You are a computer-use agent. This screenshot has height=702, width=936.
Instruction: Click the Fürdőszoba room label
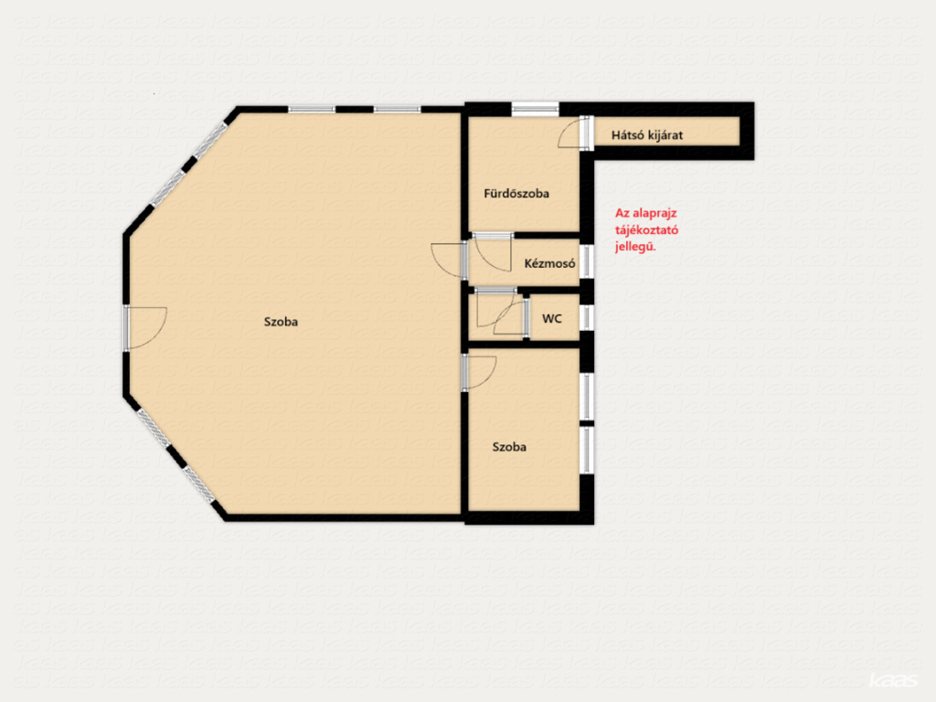[516, 194]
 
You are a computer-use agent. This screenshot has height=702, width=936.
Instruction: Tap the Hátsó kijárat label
[647, 135]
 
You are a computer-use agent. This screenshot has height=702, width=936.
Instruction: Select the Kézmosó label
[549, 263]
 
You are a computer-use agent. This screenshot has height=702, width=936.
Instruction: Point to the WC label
[552, 319]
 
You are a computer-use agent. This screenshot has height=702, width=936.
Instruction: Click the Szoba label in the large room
[281, 322]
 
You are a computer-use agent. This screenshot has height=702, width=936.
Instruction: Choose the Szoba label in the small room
[509, 446]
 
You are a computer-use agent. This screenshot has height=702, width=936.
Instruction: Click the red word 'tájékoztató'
[646, 229]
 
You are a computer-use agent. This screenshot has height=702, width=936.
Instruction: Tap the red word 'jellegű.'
[635, 247]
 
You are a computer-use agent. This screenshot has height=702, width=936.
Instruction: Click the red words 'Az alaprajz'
[646, 213]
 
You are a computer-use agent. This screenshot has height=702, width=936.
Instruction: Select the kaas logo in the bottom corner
[893, 680]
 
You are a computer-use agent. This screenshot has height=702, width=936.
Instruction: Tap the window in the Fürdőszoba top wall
[535, 110]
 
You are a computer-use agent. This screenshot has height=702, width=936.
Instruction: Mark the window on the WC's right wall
[588, 317]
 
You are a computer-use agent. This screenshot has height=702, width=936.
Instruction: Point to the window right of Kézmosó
[588, 261]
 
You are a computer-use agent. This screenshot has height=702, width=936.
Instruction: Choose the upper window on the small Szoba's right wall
[588, 397]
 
